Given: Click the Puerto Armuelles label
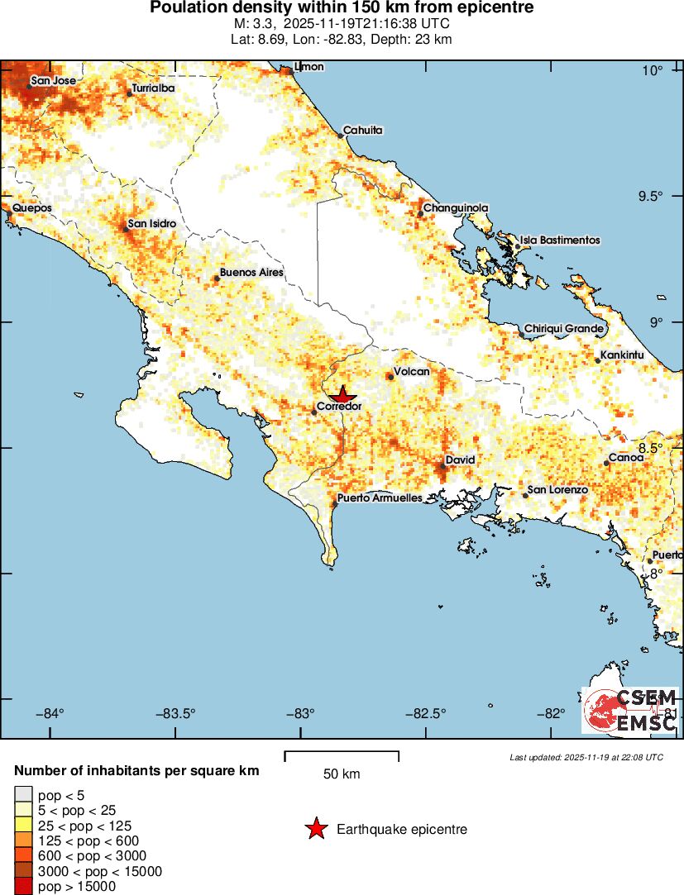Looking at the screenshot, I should click(380, 498).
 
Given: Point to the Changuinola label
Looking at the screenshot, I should click(456, 208).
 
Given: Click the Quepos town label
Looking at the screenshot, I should click(32, 207).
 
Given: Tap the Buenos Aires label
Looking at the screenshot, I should click(251, 272).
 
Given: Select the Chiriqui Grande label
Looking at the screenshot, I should click(564, 329).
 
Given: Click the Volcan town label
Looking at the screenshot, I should click(412, 372).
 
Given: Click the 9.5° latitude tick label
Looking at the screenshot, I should click(653, 196).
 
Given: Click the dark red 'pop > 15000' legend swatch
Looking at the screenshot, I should click(24, 887).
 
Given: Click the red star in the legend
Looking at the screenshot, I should click(316, 829).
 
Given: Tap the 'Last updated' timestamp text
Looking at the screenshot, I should click(586, 756).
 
